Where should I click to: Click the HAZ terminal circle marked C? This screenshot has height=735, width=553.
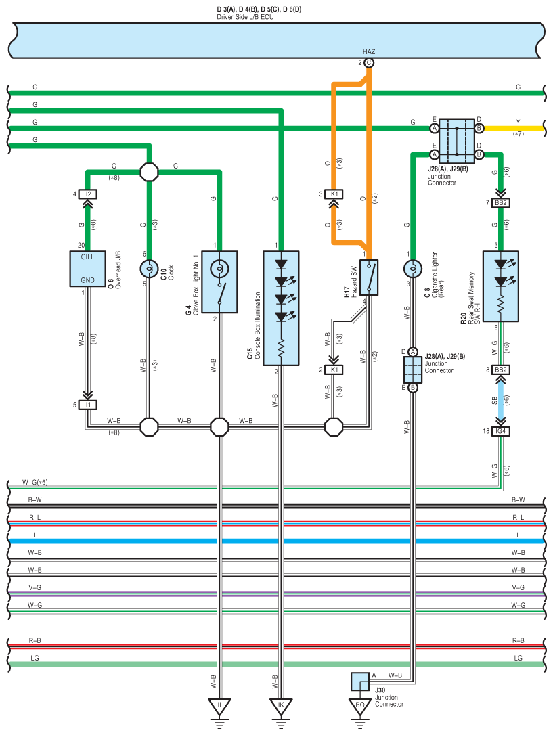point(369,63)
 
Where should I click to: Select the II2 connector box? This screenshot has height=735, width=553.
point(87,194)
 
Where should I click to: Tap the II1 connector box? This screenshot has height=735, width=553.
point(87,405)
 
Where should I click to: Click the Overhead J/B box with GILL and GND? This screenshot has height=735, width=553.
point(87,269)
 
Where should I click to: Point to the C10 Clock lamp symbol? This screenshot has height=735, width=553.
point(150,269)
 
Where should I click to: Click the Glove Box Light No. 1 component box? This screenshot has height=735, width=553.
point(219,282)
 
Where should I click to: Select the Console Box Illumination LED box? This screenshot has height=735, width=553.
point(281,308)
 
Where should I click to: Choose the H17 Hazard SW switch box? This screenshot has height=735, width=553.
point(369,277)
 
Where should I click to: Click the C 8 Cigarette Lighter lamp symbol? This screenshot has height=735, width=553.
point(413,269)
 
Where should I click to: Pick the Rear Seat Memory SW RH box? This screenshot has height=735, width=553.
point(500,286)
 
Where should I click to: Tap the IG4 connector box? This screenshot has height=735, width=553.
point(500,431)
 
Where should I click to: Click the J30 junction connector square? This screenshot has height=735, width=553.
point(360,682)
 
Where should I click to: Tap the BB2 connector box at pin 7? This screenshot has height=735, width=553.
point(500,202)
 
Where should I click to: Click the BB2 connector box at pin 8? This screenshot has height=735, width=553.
point(500,370)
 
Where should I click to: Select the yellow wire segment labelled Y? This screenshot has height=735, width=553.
point(514,128)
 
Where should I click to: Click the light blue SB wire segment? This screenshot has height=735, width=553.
point(500,400)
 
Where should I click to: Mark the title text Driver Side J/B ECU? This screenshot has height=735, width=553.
point(245,17)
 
